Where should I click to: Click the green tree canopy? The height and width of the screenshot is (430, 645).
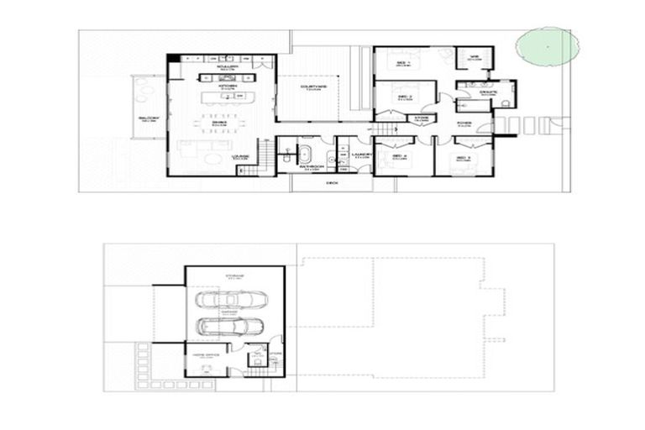(545, 45)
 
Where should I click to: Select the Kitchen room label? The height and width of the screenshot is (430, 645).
(228, 86)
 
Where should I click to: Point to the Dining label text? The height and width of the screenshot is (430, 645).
(219, 123)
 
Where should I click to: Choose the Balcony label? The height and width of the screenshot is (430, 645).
(149, 120)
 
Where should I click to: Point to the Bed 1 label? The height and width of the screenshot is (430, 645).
(403, 64)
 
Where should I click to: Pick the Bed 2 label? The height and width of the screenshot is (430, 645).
(403, 97)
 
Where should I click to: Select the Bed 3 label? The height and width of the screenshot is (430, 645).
(463, 156)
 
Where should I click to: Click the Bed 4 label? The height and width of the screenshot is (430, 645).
(398, 156)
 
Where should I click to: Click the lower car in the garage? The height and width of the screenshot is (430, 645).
(230, 327)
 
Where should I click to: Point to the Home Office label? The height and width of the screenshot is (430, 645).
(207, 355)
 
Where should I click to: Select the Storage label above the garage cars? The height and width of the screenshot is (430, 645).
(234, 275)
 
